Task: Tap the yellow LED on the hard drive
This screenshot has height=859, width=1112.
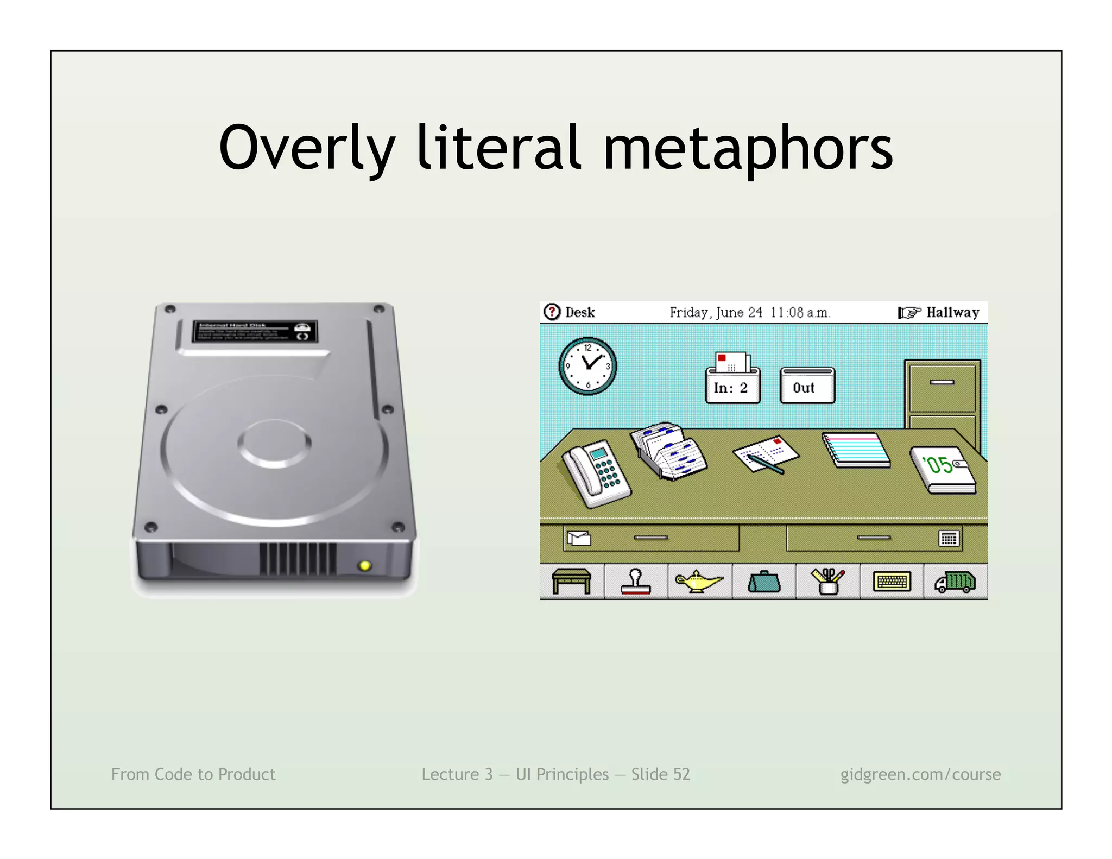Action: coord(365,566)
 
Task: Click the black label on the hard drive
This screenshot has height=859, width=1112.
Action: coord(255,331)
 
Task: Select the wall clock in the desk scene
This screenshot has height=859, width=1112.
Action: coord(587,366)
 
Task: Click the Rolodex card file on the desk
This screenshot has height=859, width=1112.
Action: coord(669,451)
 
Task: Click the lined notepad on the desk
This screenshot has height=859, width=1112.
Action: coord(856,450)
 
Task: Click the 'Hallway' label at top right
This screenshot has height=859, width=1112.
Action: coord(952,312)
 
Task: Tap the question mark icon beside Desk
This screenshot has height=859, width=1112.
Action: coord(552,312)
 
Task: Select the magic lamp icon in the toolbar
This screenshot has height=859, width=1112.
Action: coord(698,582)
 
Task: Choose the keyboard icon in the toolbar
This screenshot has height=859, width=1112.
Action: coord(892,582)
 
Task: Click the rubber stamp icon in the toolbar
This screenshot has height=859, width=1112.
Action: coord(635,582)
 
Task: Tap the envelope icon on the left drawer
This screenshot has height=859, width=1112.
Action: coord(579,538)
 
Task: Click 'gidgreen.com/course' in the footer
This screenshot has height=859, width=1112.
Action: coord(920,774)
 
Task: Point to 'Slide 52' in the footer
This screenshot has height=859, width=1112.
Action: coord(660,774)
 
